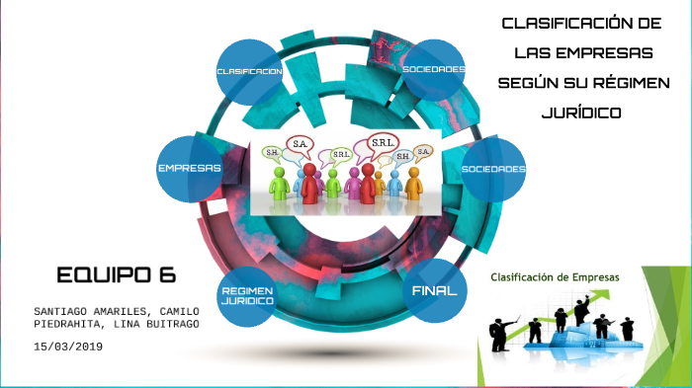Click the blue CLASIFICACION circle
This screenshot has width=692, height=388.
click(x=249, y=72)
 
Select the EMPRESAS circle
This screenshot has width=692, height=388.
click(x=190, y=169)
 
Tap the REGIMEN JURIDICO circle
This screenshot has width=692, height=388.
click(x=247, y=296)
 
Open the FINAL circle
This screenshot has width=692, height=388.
click(x=435, y=290)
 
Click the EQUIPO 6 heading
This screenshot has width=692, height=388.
click(x=117, y=275)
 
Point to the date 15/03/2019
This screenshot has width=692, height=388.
click(x=68, y=347)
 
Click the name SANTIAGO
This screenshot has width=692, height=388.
click(x=59, y=311)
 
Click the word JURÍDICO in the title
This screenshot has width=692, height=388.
click(x=581, y=113)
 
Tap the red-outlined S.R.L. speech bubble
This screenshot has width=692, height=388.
click(x=383, y=144)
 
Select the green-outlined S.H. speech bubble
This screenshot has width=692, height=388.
click(x=272, y=154)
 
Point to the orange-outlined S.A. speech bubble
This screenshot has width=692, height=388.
click(x=423, y=153)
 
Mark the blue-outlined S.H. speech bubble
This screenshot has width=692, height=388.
click(x=402, y=157)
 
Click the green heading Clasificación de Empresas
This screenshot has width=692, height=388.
click(x=555, y=277)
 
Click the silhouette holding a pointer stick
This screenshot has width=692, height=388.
click(x=499, y=334)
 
